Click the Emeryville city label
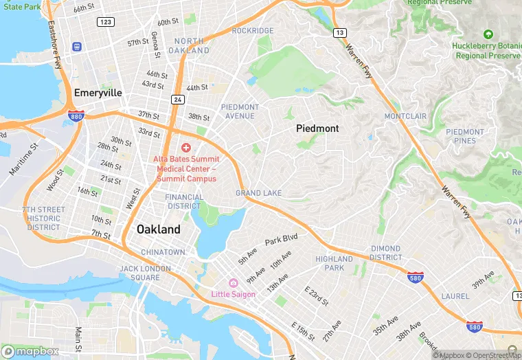point(98,93)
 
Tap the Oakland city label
point(159,229)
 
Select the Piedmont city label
point(317,128)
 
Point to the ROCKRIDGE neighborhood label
point(253,31)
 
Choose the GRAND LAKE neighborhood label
point(258,194)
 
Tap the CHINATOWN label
point(163,252)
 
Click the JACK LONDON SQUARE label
point(139,273)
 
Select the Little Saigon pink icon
point(233,283)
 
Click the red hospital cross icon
point(185,147)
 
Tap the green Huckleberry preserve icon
point(488,34)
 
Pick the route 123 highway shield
point(105,23)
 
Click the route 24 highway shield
point(177,100)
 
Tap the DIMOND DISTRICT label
point(385,253)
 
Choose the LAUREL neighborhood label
point(455,297)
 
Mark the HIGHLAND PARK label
point(334,263)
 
